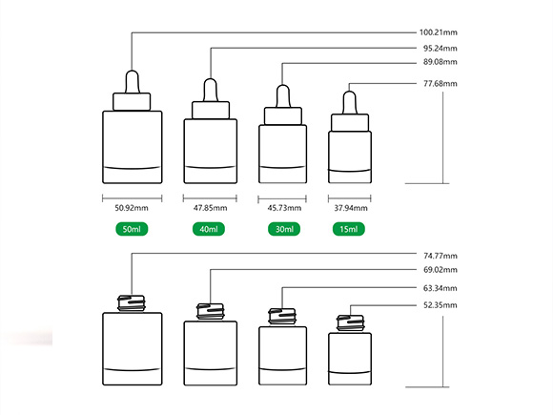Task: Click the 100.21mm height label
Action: (438, 32)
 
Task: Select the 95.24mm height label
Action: (440, 49)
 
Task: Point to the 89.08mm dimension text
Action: (440, 62)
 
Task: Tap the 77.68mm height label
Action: (440, 84)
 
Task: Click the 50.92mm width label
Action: (132, 208)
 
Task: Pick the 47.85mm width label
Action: (210, 208)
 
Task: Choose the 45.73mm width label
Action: (284, 208)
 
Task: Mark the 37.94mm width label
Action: (351, 208)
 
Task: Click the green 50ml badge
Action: (132, 229)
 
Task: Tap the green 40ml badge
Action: (209, 229)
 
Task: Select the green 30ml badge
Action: (284, 229)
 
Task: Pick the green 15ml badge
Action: (349, 229)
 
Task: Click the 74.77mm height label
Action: (440, 256)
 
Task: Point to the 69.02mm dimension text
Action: (440, 270)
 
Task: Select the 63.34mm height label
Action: (440, 288)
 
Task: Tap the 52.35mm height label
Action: (440, 305)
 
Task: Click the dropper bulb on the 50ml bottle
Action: (133, 82)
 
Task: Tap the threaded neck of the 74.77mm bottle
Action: (132, 303)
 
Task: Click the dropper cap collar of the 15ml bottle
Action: (350, 122)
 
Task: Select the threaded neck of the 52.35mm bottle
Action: (350, 323)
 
